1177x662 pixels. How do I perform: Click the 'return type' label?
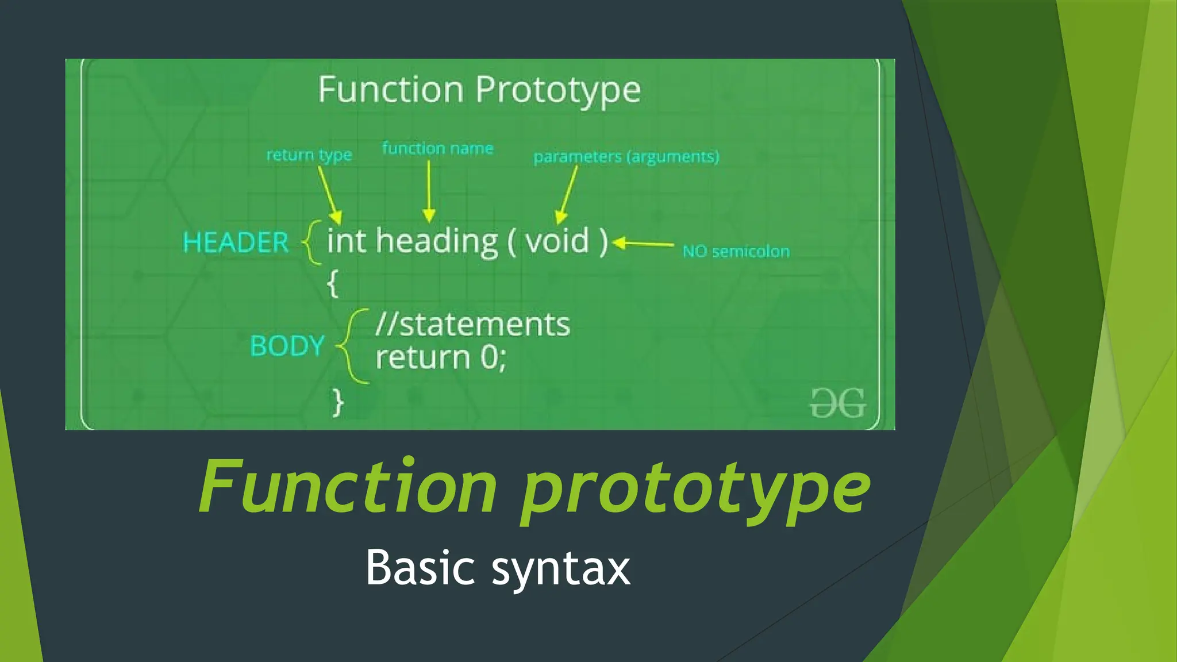(309, 155)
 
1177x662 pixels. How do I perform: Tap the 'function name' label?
(437, 149)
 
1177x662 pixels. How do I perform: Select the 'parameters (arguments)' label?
(626, 157)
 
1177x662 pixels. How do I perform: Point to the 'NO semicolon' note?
(736, 252)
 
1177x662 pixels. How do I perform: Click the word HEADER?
(235, 242)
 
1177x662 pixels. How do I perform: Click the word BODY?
(287, 346)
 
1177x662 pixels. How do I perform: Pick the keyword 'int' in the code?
(346, 241)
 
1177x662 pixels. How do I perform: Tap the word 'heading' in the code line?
(437, 242)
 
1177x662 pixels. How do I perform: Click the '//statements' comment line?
(472, 325)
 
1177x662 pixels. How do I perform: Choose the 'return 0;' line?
(441, 357)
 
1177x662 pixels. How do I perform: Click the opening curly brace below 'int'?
(332, 283)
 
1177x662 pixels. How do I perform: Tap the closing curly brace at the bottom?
(338, 402)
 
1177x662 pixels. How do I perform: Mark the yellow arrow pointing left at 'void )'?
(643, 244)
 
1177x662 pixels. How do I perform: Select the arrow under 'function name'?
(429, 192)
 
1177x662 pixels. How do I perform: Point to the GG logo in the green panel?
(837, 403)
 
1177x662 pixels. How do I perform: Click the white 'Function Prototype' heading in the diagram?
(479, 90)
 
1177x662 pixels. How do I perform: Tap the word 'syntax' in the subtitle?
(560, 568)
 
